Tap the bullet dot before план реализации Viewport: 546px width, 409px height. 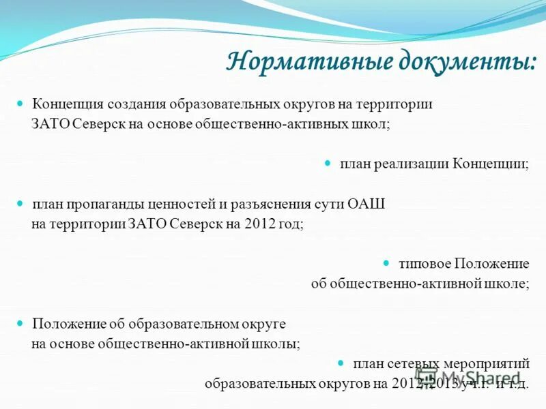click(x=326, y=164)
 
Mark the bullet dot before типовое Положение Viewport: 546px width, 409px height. click(x=384, y=262)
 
